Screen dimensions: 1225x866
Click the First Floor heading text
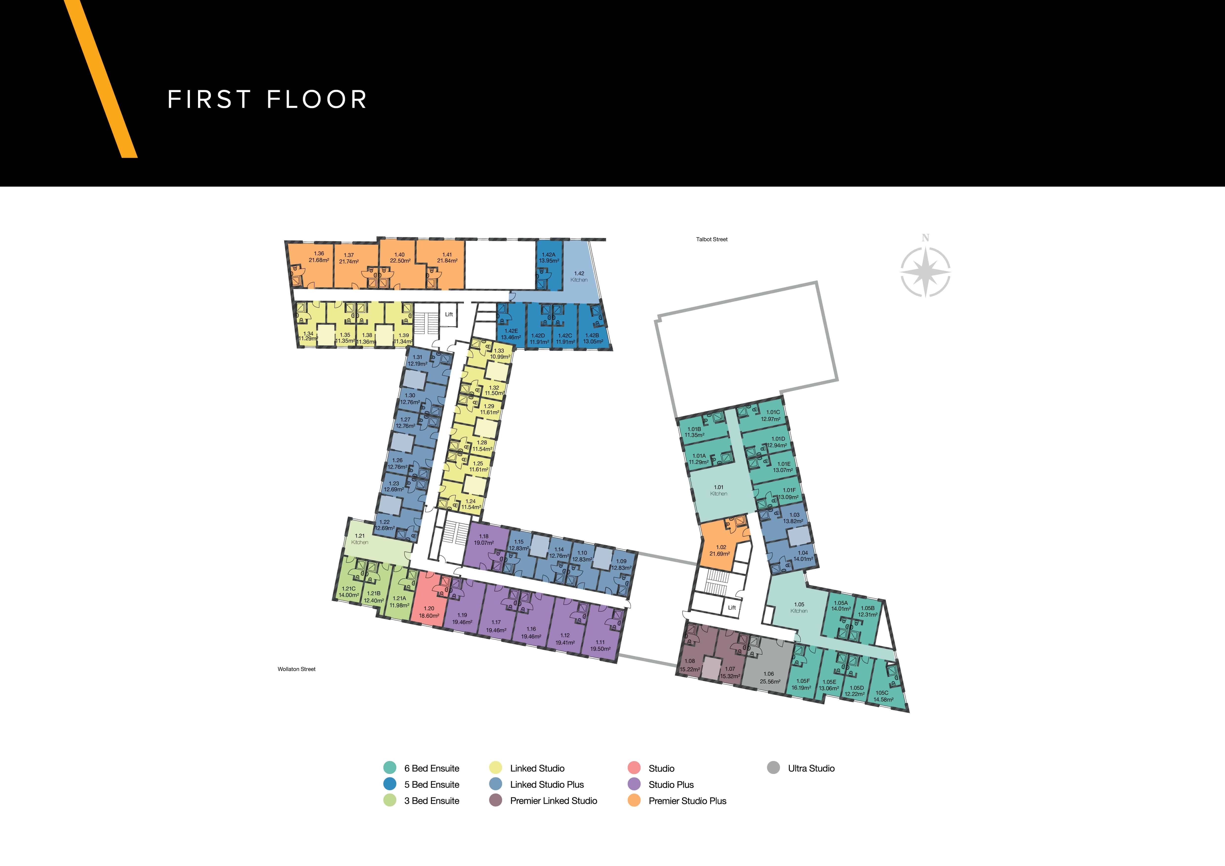point(267,100)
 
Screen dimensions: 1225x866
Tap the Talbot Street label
point(712,239)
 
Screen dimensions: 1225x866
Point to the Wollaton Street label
point(297,669)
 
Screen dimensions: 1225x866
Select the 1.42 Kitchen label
point(579,276)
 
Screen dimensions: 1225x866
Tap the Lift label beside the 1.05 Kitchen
point(732,607)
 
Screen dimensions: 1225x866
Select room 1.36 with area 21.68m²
point(319,257)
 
